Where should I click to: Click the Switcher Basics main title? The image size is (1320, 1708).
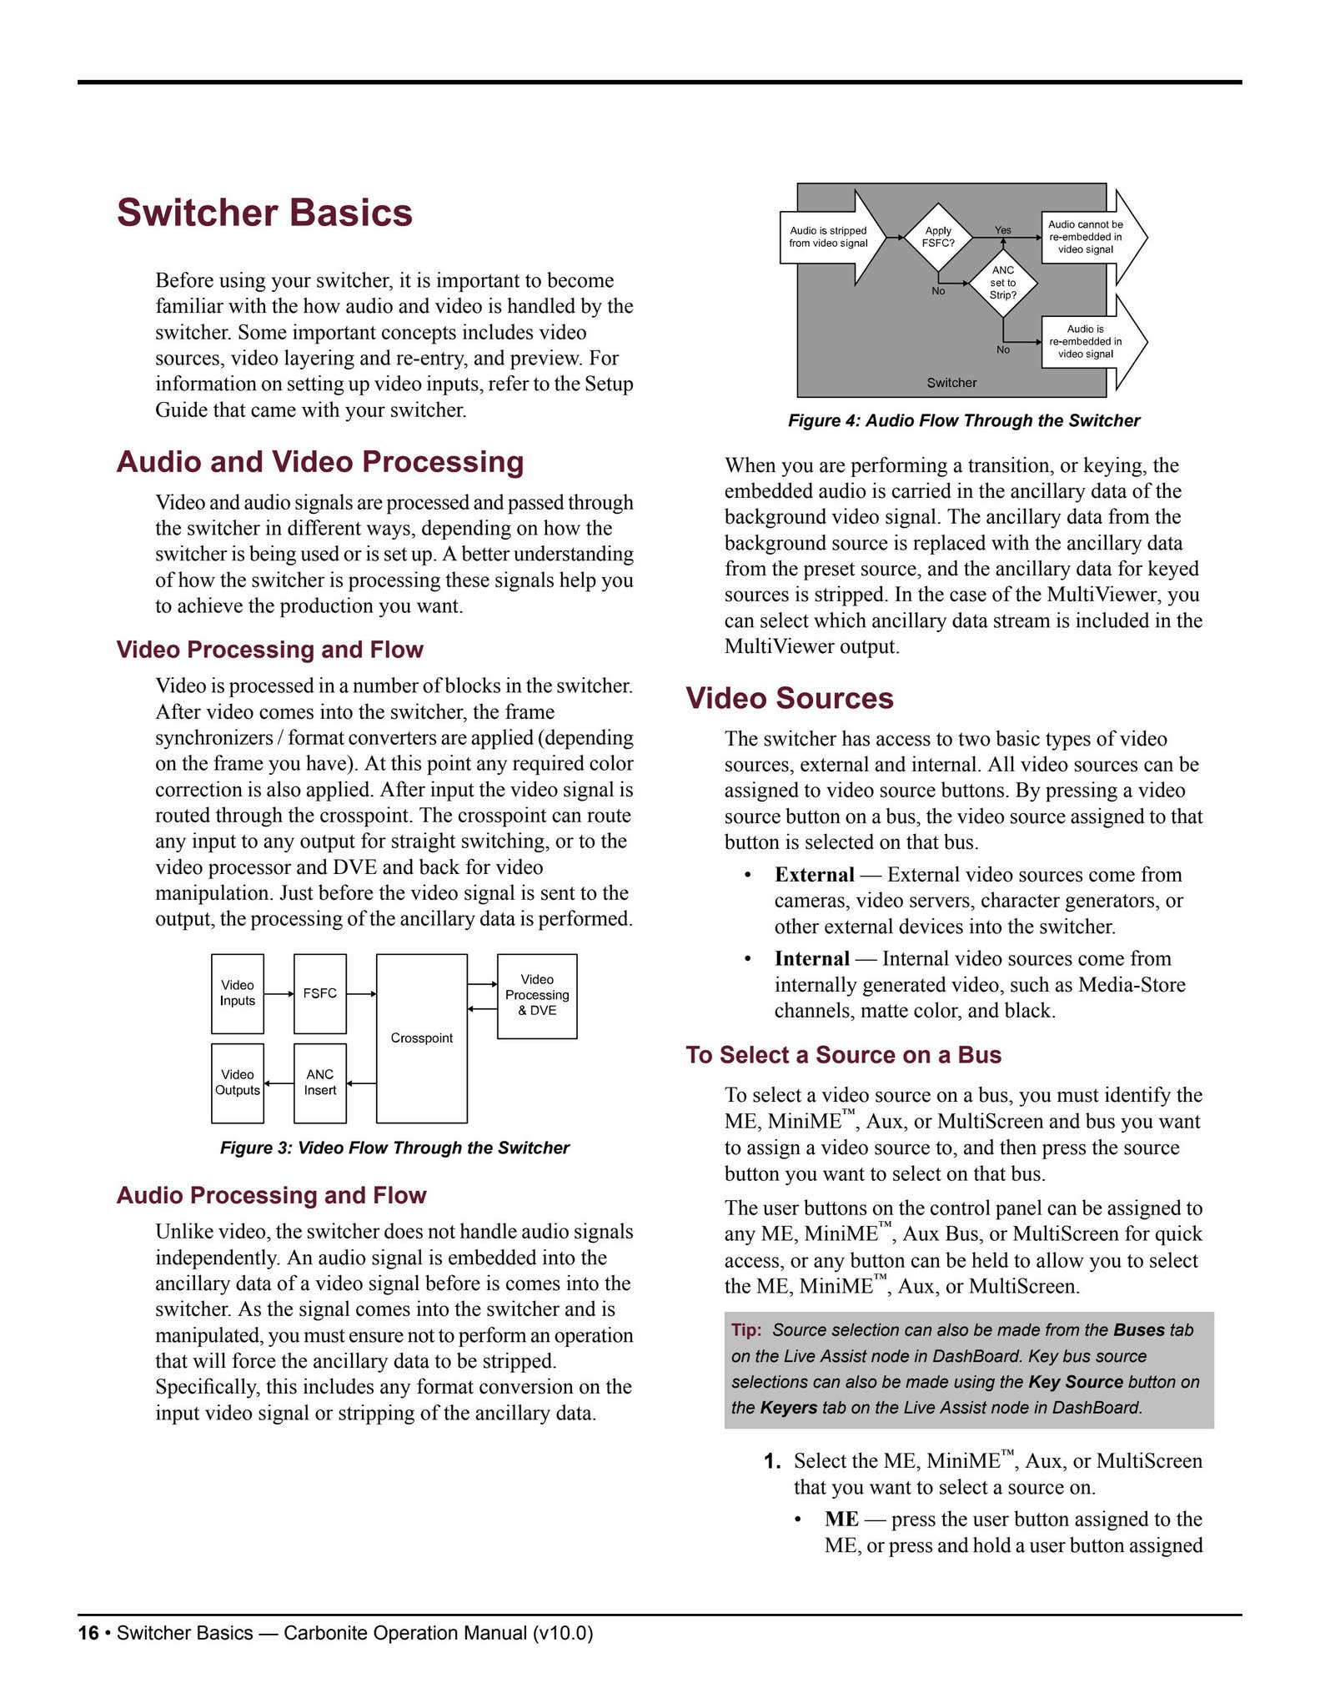pos(264,213)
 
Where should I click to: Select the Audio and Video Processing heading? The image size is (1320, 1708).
pos(320,462)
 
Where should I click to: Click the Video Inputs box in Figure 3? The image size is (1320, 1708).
pos(238,993)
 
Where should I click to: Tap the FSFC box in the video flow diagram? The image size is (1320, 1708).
pos(320,993)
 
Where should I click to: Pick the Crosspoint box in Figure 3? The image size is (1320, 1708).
pos(421,1038)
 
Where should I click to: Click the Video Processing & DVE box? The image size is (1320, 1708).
pos(537,995)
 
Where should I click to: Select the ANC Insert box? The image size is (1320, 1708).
pos(320,1083)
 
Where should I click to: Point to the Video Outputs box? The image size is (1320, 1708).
pos(238,1083)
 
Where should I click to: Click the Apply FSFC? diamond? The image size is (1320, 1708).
pos(938,237)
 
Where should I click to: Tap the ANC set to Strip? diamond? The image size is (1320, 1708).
pos(1003,283)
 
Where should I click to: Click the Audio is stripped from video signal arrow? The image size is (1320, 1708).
pos(830,237)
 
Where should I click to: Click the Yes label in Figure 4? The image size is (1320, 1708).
pos(1003,230)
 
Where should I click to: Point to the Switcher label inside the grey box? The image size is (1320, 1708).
pos(951,383)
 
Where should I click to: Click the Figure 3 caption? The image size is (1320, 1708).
pos(394,1148)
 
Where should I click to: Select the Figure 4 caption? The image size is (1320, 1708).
pos(964,421)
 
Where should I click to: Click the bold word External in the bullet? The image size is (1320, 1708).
pos(814,875)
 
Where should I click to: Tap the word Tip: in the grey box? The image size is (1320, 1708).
pos(746,1330)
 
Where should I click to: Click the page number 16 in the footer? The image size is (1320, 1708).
pos(88,1633)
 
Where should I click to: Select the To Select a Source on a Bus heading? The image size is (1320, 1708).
pos(843,1055)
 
